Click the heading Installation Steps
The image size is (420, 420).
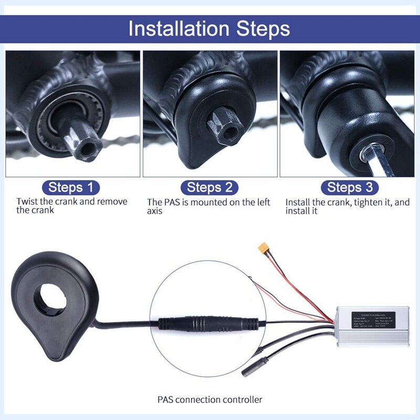click(209, 28)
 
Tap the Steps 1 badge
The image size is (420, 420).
click(73, 187)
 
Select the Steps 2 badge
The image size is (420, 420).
click(209, 187)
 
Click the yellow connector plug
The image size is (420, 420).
click(262, 248)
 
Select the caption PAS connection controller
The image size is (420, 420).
click(209, 399)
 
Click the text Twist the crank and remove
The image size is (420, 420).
click(71, 202)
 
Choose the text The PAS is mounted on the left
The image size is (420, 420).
click(208, 202)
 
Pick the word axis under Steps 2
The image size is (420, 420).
click(154, 211)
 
